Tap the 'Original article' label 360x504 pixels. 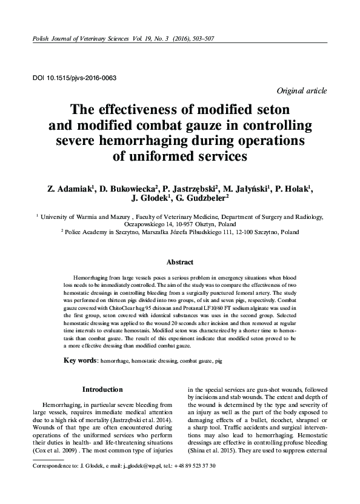point(301,90)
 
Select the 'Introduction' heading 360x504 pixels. point(102,389)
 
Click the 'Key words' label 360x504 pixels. point(81,360)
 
